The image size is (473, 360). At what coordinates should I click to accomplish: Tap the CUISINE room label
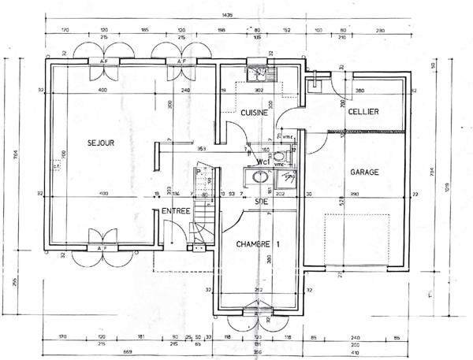255,113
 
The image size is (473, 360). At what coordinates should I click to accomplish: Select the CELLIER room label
363,112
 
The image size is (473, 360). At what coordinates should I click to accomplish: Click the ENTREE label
175,211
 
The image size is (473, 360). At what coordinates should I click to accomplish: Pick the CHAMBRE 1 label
259,244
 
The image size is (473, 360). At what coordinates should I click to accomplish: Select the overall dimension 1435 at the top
229,16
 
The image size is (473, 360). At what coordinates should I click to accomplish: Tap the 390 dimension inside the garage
353,194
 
